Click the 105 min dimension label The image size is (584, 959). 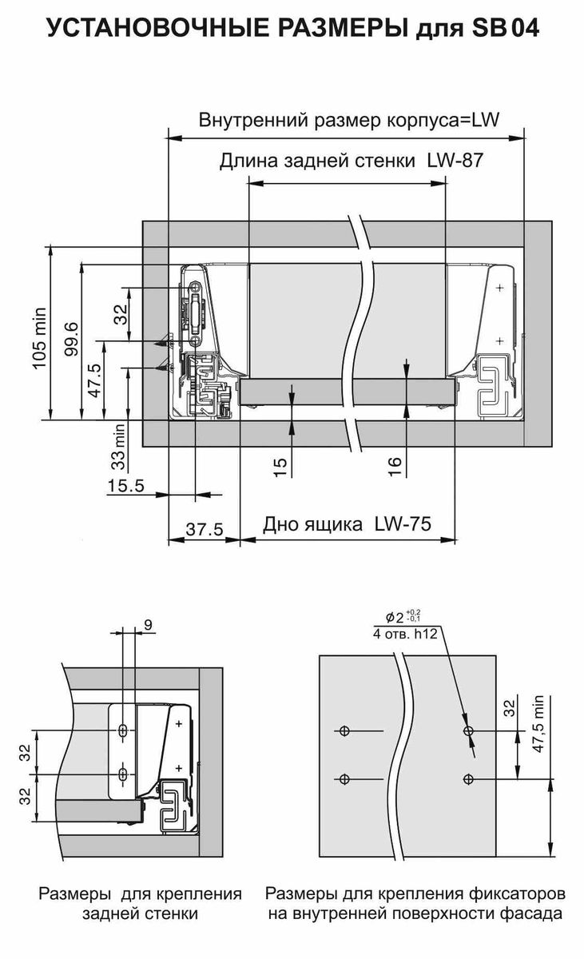pos(40,337)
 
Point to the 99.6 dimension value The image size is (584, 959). pos(71,339)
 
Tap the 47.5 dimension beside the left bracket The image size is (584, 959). pos(94,380)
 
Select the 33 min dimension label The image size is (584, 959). pos(119,447)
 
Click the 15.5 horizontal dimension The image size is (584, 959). pos(125,486)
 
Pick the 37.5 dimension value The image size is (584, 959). pos(205,530)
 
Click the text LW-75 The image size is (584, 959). pos(403,524)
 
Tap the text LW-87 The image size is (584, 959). pos(455,161)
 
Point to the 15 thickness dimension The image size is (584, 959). pos(280,468)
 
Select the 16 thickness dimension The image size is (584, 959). pos(395,467)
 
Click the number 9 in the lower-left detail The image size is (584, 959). pos(148,626)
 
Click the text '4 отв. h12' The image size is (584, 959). pos(405,634)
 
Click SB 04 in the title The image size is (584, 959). pos(505,28)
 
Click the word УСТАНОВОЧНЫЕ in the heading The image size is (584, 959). pos(158,28)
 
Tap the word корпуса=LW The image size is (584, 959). pos(443,121)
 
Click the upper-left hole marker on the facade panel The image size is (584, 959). pos(344,730)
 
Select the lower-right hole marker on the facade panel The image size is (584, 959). pos(468,778)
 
